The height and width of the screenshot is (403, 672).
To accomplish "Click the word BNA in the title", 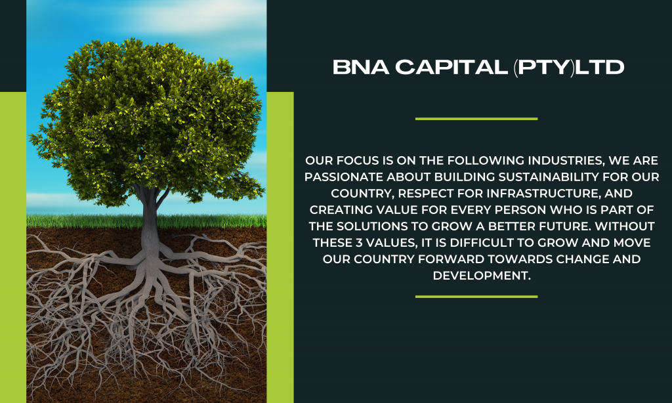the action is [x=361, y=68].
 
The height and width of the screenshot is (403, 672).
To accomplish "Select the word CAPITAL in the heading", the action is [x=451, y=68].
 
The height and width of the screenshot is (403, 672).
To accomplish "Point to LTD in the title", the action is [x=600, y=68].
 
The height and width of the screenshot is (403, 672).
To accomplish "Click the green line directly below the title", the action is [x=476, y=119].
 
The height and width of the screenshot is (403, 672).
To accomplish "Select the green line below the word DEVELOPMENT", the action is [x=476, y=296].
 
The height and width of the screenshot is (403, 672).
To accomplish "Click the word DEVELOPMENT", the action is [x=482, y=275].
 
